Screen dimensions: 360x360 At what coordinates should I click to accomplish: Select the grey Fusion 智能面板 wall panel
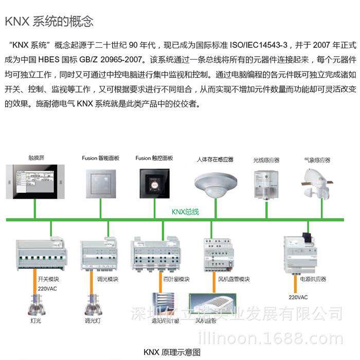tap(101, 181)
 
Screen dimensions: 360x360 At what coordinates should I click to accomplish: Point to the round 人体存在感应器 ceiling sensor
tap(214, 183)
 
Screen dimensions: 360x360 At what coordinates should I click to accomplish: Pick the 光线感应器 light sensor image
tap(266, 183)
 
